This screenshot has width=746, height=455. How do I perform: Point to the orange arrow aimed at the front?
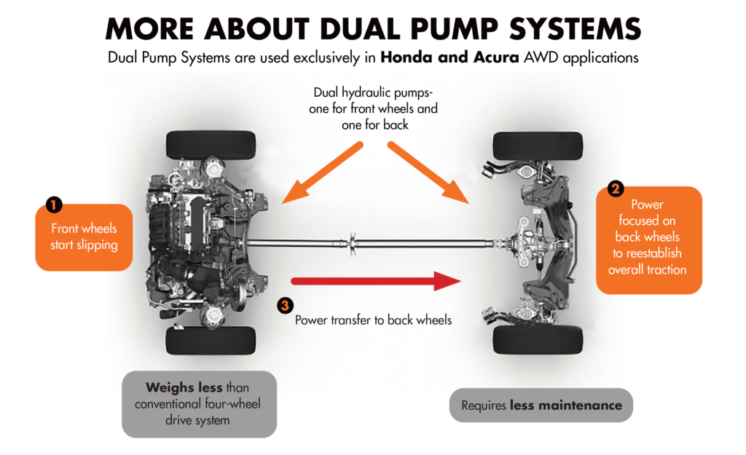(x=321, y=172)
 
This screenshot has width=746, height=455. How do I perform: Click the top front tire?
(x=211, y=145)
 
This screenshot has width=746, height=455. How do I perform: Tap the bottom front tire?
(x=211, y=340)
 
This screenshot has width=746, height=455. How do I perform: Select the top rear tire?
(x=537, y=145)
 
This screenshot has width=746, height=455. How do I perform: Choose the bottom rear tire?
(x=537, y=339)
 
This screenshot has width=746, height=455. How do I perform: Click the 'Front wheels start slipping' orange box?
(x=84, y=237)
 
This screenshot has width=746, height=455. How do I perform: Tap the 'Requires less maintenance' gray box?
(x=541, y=405)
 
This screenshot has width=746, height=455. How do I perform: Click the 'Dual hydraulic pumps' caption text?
(x=374, y=108)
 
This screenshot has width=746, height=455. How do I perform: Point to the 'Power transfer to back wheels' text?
(x=373, y=320)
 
